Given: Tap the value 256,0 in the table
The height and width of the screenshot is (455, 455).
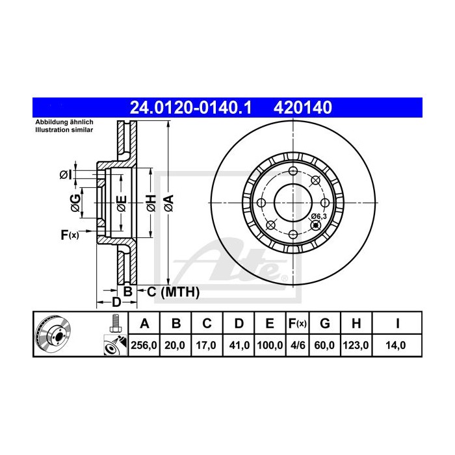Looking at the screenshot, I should (145, 346).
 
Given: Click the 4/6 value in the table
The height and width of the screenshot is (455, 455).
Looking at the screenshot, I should (296, 346).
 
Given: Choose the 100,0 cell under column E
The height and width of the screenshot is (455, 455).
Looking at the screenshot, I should (269, 346).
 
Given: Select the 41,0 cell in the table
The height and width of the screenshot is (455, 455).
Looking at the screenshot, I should (239, 346).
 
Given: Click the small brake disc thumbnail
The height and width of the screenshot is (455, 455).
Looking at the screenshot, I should (55, 334).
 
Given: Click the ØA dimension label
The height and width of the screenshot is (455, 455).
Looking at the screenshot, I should (168, 202).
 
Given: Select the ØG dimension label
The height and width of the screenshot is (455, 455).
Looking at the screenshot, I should (75, 203).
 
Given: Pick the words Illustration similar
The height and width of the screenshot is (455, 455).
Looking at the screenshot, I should (64, 130).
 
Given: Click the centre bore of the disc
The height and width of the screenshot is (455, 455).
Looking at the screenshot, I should (292, 201).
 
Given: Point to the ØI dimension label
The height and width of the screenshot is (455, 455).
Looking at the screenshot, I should (65, 174).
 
